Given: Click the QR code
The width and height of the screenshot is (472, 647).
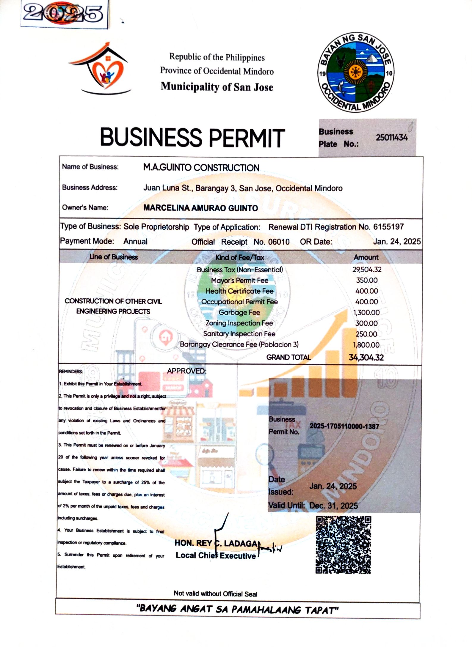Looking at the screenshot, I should (x=343, y=545).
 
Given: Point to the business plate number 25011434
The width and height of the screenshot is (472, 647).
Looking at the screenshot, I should (x=391, y=138).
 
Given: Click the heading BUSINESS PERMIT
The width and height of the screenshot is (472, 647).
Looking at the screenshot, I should (x=192, y=138).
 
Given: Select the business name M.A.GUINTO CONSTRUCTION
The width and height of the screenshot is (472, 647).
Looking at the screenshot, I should (x=201, y=168).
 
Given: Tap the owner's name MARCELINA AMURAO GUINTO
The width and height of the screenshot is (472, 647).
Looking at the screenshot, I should (x=200, y=208).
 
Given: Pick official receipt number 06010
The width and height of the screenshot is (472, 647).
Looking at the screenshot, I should (x=279, y=242).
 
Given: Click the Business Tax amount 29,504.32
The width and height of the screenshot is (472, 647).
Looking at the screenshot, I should (x=367, y=270).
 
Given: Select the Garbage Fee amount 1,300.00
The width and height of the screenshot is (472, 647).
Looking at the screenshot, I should (x=366, y=312).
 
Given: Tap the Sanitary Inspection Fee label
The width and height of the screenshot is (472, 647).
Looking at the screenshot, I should (x=239, y=334).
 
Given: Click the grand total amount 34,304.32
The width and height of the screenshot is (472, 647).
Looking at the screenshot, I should (x=366, y=357).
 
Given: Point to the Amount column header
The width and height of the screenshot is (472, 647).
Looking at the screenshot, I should (x=366, y=257).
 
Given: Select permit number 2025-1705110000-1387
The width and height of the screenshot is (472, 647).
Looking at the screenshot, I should (x=344, y=426).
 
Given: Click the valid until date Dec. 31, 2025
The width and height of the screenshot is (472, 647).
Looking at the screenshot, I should (x=333, y=506).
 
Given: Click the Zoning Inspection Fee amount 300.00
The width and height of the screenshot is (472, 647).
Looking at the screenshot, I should (x=366, y=323).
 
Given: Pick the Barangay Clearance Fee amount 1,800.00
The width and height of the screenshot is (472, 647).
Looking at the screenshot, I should (x=366, y=345).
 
